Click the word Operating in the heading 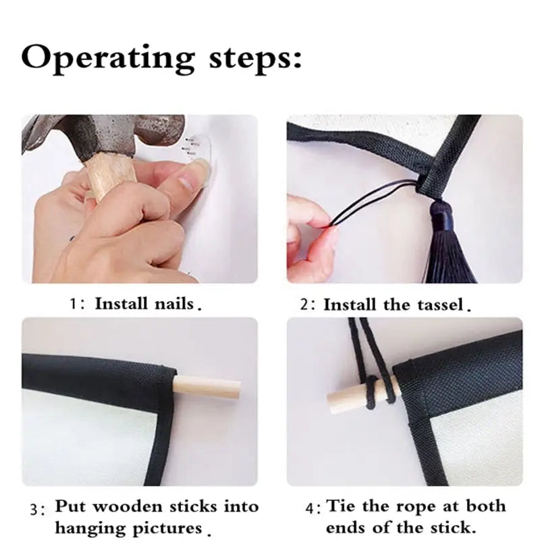[x=108, y=58]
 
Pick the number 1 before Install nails [x=73, y=304]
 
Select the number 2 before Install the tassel [x=304, y=305]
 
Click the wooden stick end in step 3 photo [x=207, y=389]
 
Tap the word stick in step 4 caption [x=452, y=527]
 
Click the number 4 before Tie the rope [x=310, y=508]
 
